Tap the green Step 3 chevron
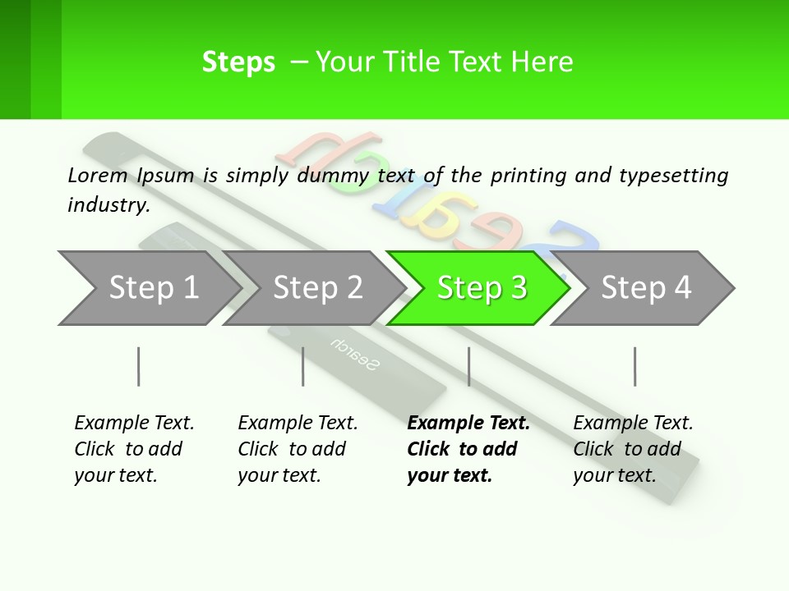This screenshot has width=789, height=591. click(x=479, y=288)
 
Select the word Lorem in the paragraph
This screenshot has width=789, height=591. click(x=98, y=176)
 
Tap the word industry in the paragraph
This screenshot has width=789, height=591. click(x=108, y=204)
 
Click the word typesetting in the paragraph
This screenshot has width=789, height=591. click(x=674, y=176)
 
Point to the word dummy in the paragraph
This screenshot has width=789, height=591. click(x=333, y=176)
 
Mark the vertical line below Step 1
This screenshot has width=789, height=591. click(x=138, y=366)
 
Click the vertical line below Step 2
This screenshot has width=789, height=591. click(x=303, y=366)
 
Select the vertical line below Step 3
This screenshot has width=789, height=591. click(x=469, y=366)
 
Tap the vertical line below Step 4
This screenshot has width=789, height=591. click(x=635, y=366)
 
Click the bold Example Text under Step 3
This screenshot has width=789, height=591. click(x=468, y=424)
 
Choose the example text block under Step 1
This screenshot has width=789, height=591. click(x=134, y=449)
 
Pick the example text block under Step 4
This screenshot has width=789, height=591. click(x=633, y=449)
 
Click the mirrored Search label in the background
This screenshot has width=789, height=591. click(x=355, y=354)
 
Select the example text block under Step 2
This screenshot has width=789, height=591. click(x=298, y=449)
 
